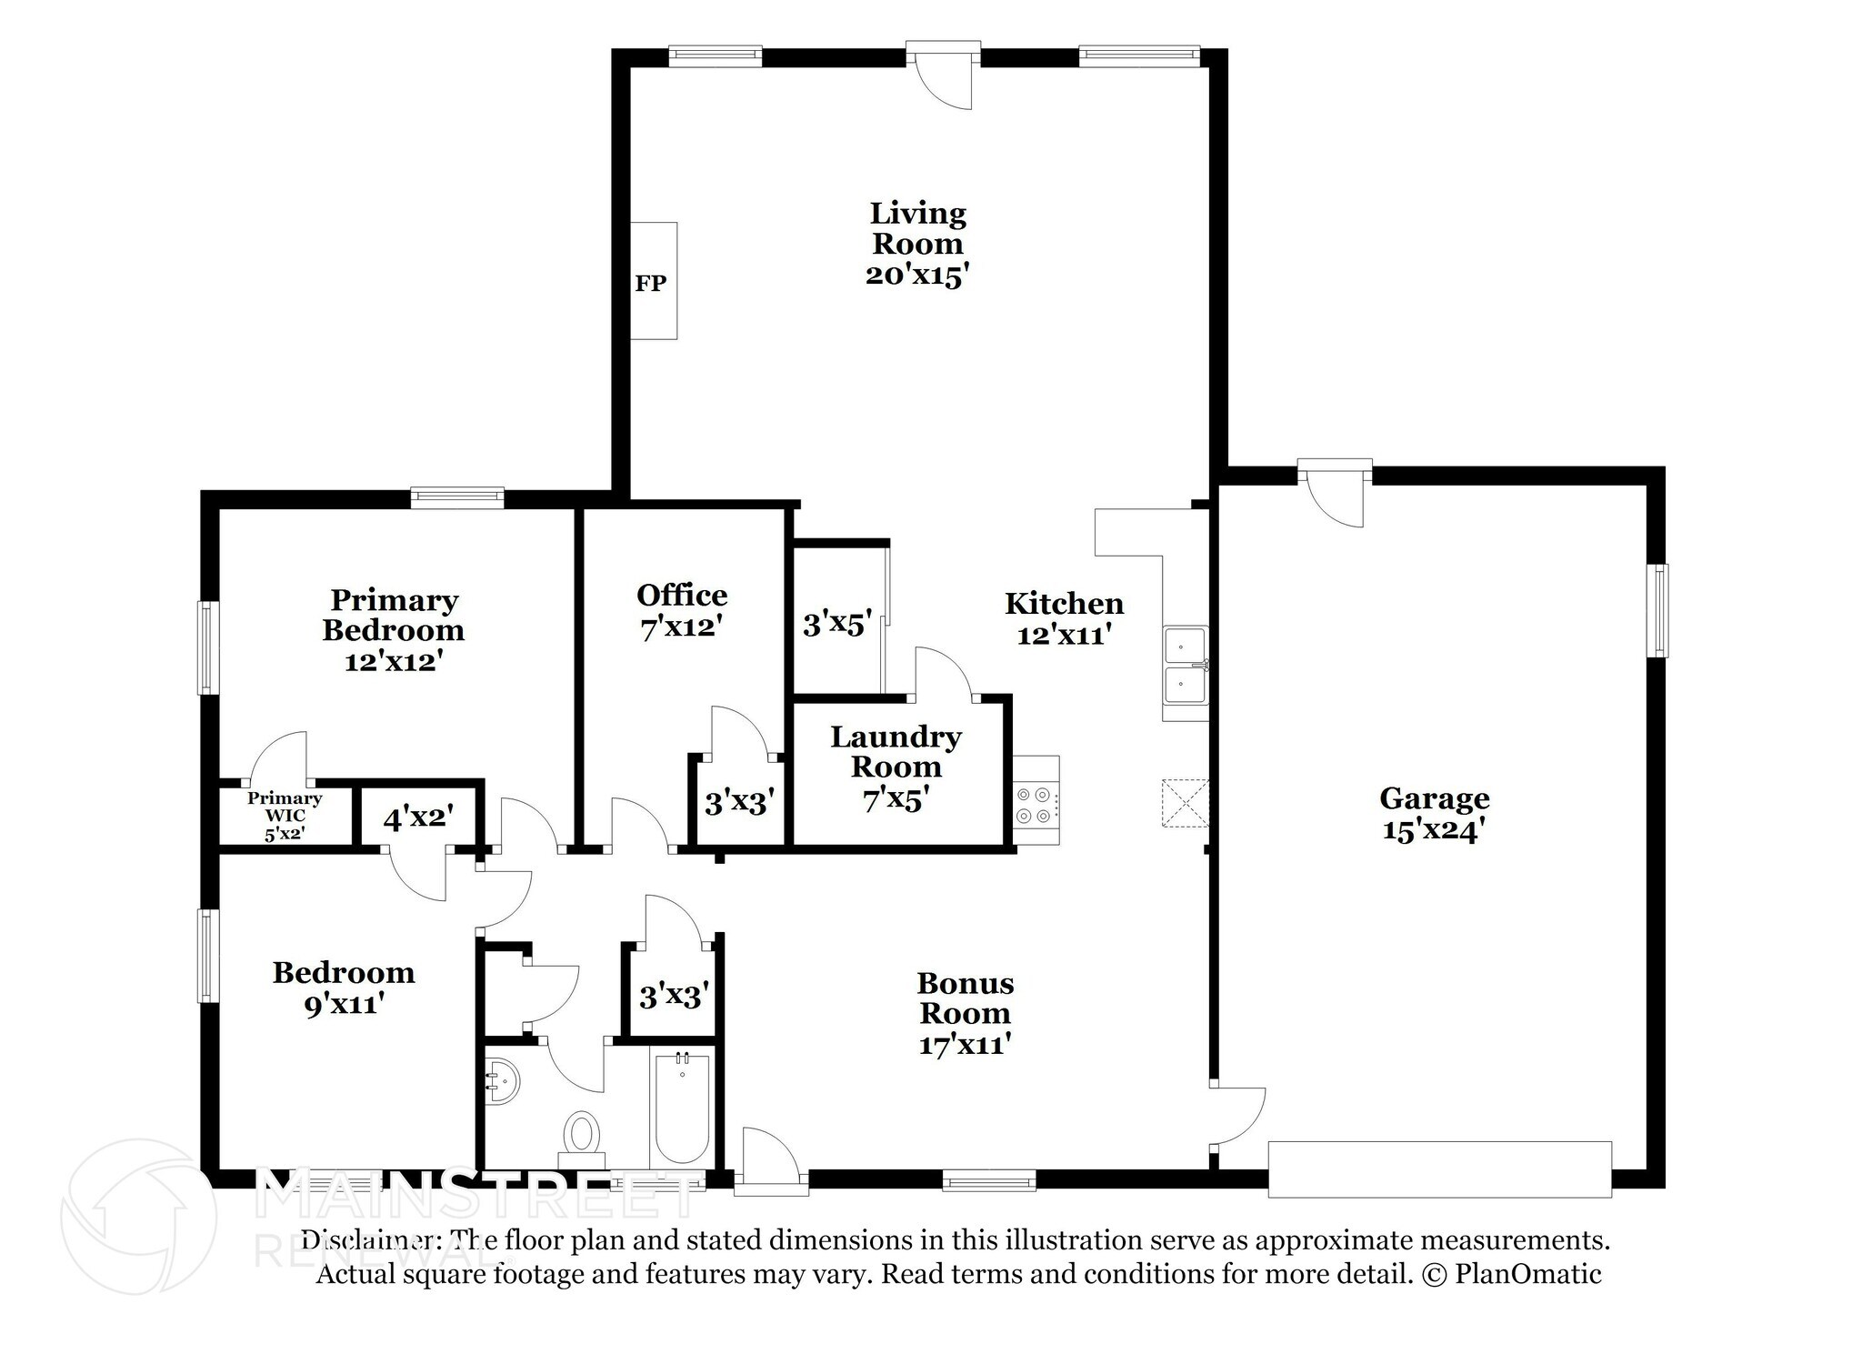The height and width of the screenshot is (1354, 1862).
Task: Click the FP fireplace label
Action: (x=650, y=283)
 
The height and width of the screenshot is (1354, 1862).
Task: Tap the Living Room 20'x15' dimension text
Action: (x=913, y=275)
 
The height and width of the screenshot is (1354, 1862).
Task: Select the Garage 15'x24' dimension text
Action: (x=1434, y=829)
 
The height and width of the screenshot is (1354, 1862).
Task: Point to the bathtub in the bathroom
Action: (x=682, y=1108)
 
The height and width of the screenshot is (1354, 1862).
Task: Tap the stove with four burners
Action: (x=1036, y=800)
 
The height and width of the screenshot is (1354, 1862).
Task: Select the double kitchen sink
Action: (x=1186, y=667)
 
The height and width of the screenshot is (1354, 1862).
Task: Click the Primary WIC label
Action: (x=285, y=806)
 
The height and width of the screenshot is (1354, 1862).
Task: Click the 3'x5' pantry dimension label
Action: (x=837, y=624)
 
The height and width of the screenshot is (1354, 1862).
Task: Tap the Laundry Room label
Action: (x=896, y=751)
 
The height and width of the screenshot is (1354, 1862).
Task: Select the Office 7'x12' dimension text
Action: (x=682, y=627)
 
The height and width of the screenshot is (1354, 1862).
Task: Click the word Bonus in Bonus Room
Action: (x=966, y=983)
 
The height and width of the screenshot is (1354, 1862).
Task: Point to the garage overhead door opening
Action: (x=1440, y=1169)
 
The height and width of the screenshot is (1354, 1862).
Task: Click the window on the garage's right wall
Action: (x=1660, y=610)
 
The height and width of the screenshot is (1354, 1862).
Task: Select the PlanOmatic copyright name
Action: (x=1528, y=1273)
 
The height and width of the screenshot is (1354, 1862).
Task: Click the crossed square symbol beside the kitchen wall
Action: (x=1185, y=802)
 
